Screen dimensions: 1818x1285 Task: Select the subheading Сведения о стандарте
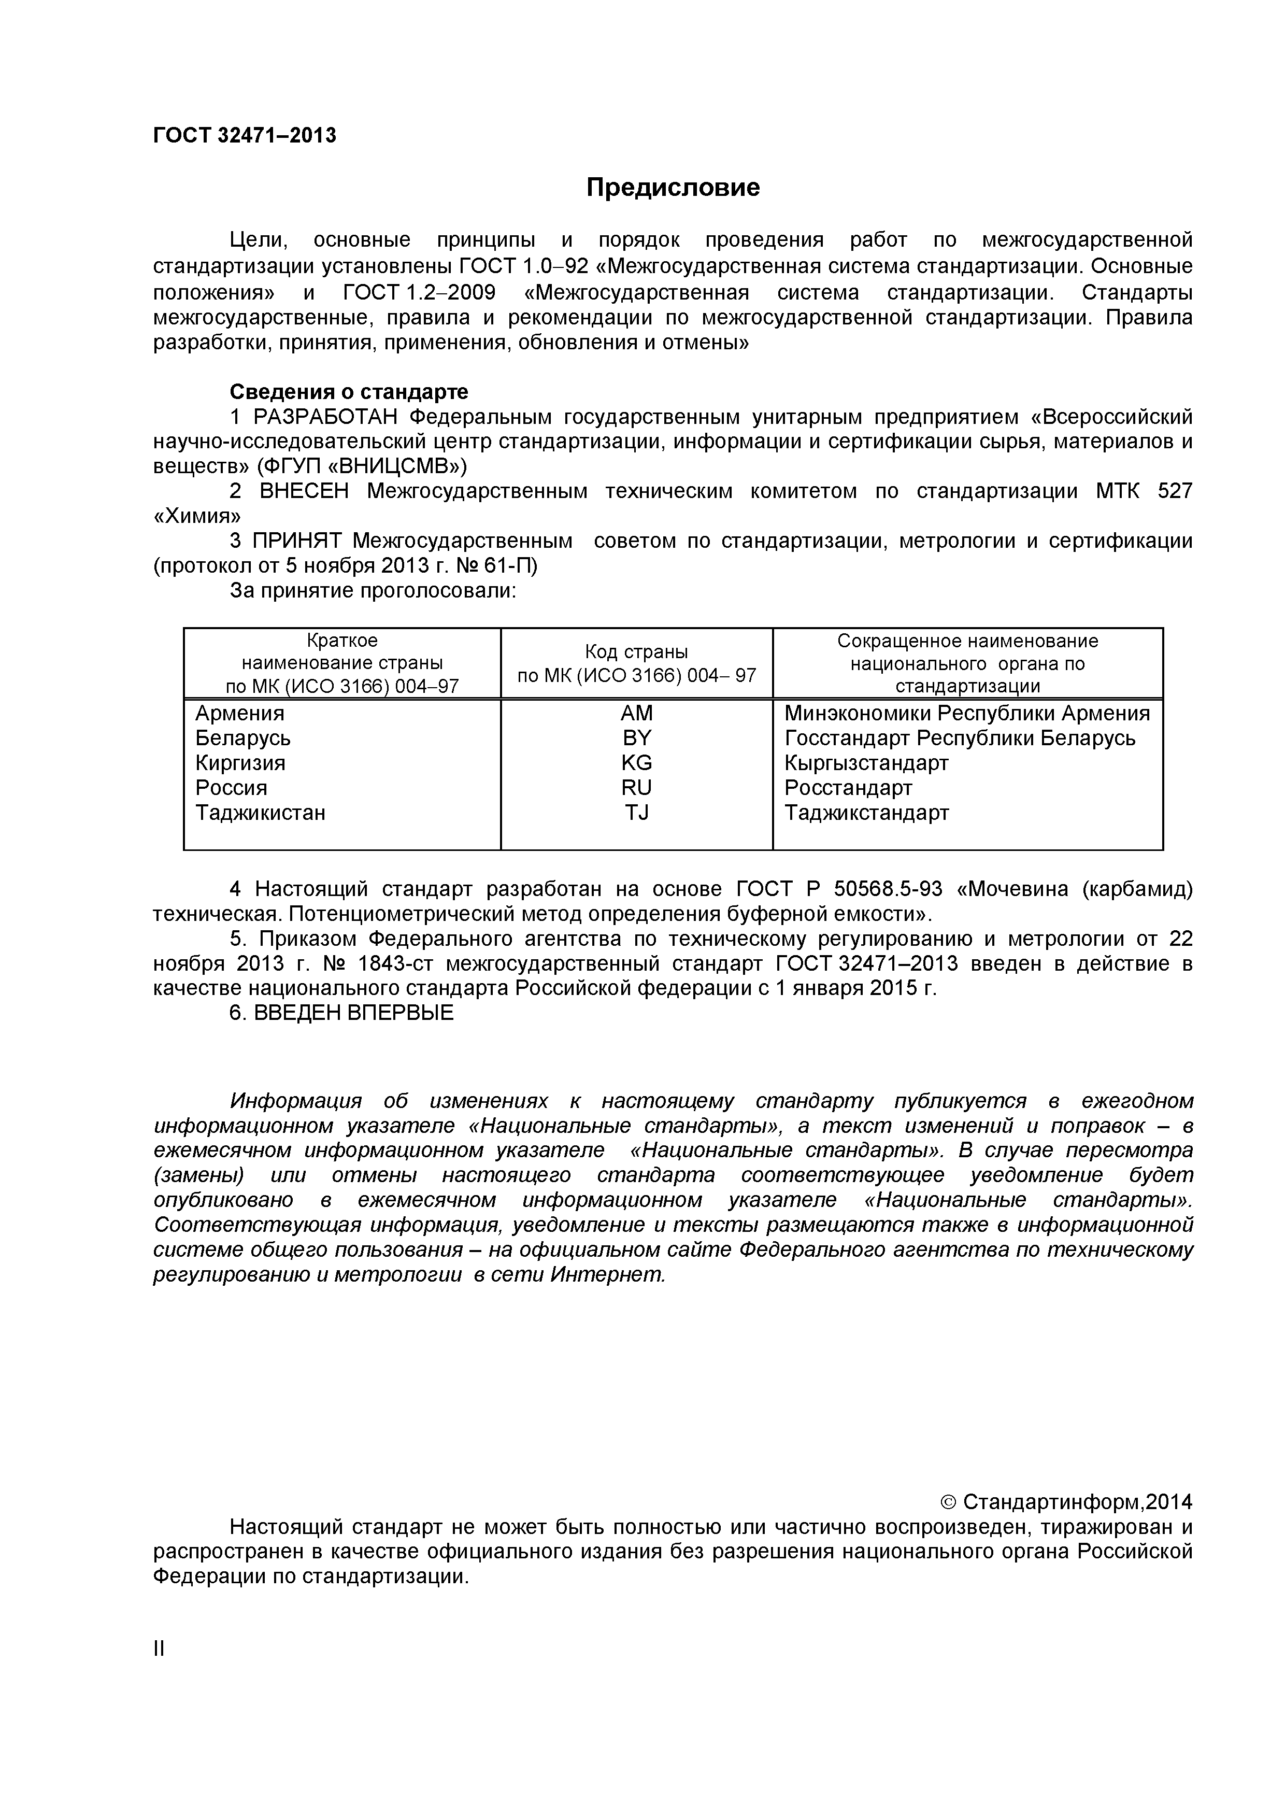pos(348,391)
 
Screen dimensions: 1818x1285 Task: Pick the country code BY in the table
pos(637,738)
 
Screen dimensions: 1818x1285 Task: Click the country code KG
pos(637,762)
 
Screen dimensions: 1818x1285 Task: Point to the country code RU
pos(637,788)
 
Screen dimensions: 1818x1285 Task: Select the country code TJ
pos(637,813)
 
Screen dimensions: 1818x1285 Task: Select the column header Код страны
pos(637,651)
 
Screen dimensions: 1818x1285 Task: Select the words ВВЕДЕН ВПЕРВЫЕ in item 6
pos(353,1013)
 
